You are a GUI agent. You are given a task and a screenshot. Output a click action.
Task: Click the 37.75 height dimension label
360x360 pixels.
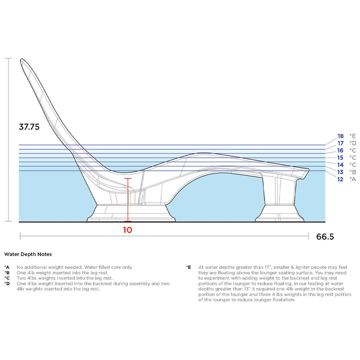tap(29, 127)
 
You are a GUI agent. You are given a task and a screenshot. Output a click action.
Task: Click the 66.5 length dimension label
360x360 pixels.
tap(325, 237)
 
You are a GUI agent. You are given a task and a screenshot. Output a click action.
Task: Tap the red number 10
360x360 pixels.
tap(127, 230)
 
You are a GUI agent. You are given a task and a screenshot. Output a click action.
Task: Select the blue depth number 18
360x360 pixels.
tap(340, 136)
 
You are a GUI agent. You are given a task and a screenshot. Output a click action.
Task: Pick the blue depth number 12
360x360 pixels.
tap(340, 179)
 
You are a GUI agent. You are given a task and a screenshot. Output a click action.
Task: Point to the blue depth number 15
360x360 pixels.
tap(340, 158)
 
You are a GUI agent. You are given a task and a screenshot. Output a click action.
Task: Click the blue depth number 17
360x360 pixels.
tap(340, 143)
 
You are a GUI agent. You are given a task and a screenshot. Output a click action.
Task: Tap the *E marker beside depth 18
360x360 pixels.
tap(353, 136)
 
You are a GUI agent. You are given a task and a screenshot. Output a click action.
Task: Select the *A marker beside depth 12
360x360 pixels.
tap(353, 179)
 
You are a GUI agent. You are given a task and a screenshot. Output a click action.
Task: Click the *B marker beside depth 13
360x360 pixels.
tap(353, 172)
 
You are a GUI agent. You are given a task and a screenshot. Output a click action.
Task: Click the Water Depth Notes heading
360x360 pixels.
tap(28, 254)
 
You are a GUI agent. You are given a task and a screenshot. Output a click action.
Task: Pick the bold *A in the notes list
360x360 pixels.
tap(7, 267)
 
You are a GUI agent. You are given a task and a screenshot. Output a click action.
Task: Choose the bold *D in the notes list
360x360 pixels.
tap(7, 284)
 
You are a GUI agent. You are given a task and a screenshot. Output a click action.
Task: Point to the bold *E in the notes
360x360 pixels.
tap(188, 267)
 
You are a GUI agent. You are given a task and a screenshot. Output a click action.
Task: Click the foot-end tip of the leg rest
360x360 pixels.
tap(309, 170)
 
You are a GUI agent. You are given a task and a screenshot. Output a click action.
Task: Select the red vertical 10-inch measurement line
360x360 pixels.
tap(128, 200)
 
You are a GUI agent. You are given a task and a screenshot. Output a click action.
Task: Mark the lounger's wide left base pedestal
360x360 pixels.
tap(131, 213)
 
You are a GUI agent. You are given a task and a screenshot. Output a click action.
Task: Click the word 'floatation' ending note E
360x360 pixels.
tap(284, 300)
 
